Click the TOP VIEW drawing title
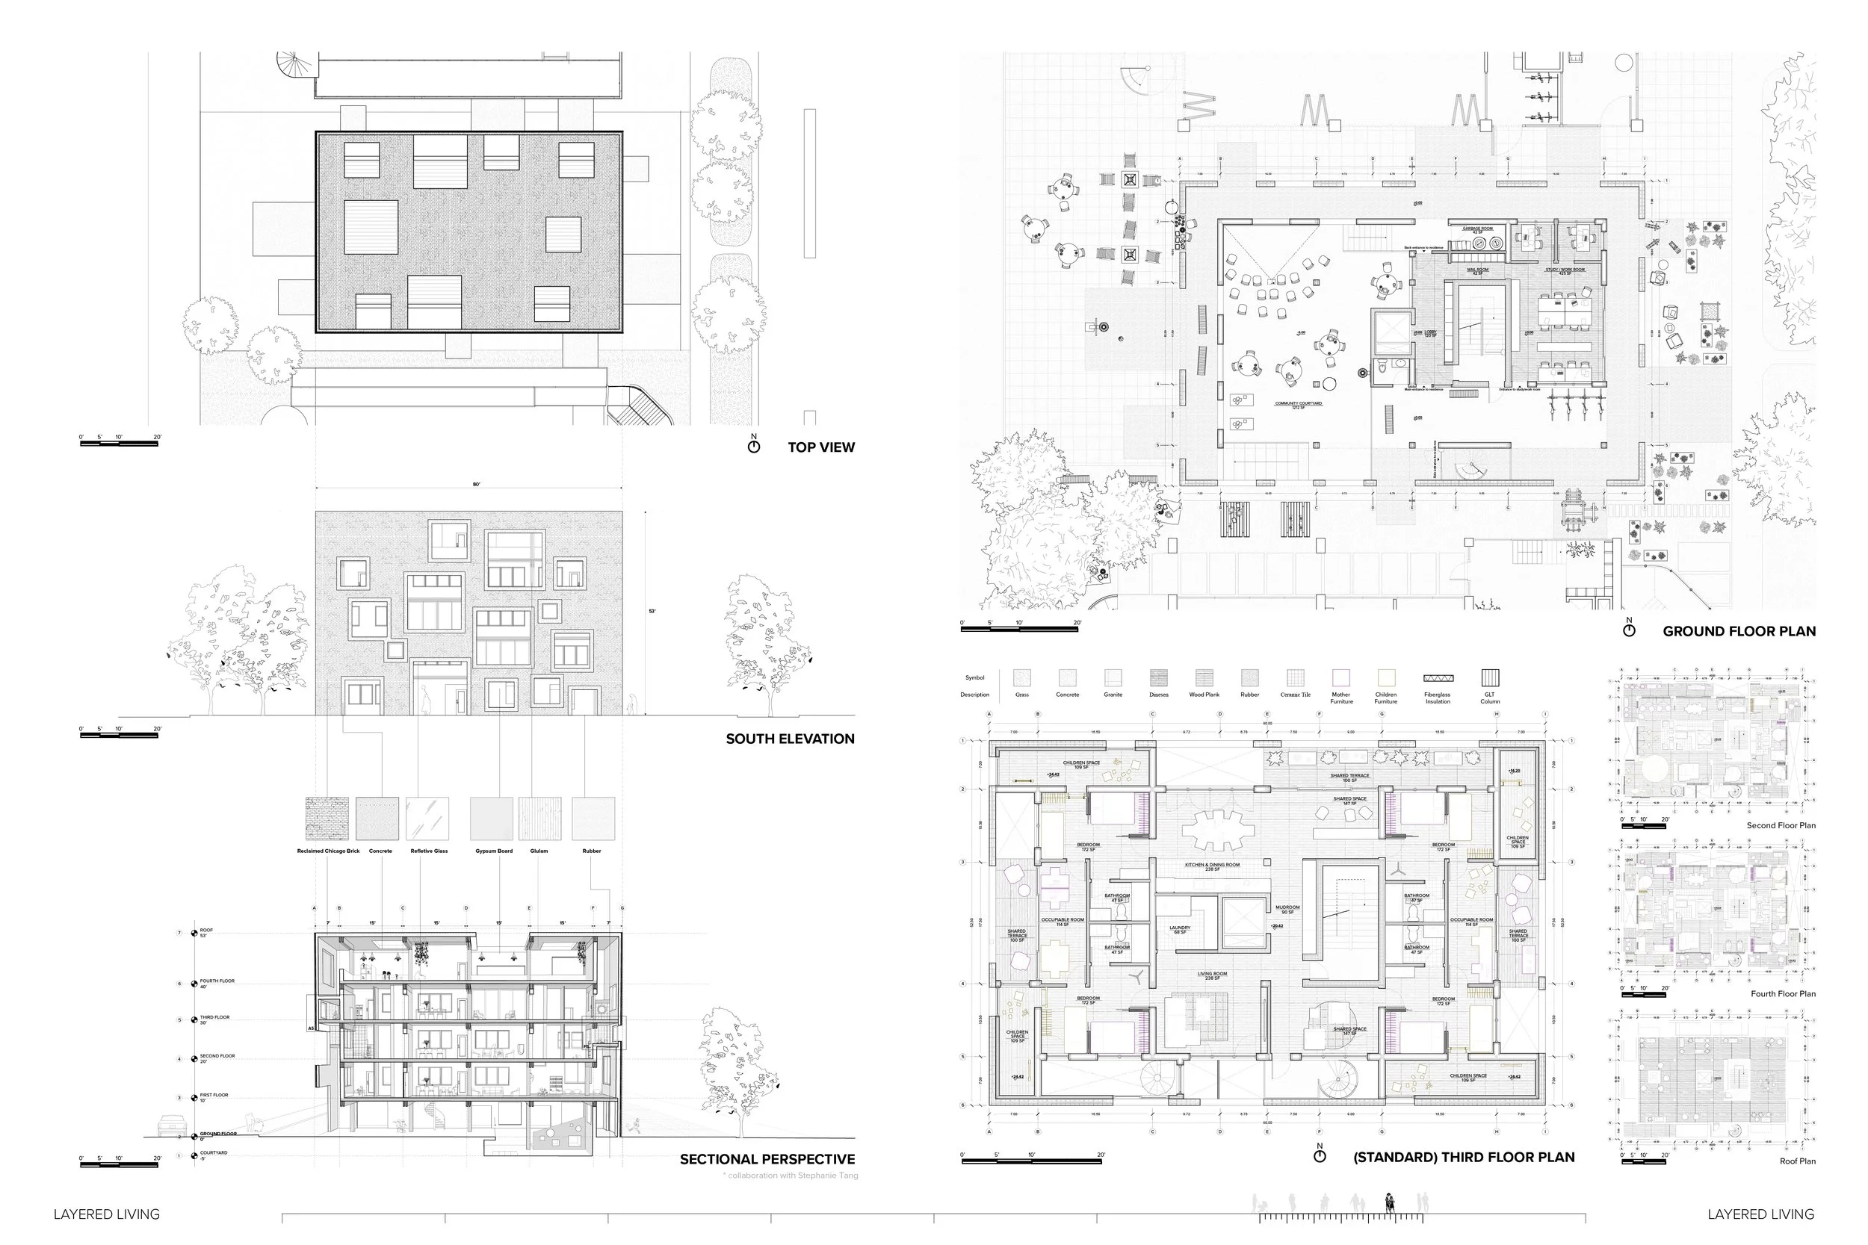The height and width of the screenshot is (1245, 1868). point(820,447)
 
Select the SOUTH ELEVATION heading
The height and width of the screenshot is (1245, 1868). point(790,739)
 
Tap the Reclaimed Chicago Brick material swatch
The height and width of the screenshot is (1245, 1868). point(327,819)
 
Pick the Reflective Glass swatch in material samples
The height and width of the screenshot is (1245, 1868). point(427,819)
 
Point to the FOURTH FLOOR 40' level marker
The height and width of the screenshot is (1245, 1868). point(216,983)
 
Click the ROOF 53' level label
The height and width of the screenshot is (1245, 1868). point(206,932)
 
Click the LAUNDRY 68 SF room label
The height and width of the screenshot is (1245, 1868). point(1179,929)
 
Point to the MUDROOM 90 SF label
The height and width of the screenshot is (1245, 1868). point(1287,909)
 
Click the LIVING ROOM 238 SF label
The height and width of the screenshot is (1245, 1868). point(1212,975)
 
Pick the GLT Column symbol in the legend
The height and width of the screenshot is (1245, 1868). point(1490,678)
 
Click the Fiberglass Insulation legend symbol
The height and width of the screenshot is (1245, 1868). point(1438,679)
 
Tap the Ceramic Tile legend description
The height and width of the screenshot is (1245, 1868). point(1296,695)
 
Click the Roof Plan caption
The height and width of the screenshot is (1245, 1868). point(1797,1161)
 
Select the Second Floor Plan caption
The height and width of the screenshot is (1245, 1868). point(1781,825)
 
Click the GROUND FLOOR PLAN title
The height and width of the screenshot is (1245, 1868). point(1739,631)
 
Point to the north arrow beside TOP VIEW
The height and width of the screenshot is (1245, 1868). point(754,444)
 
